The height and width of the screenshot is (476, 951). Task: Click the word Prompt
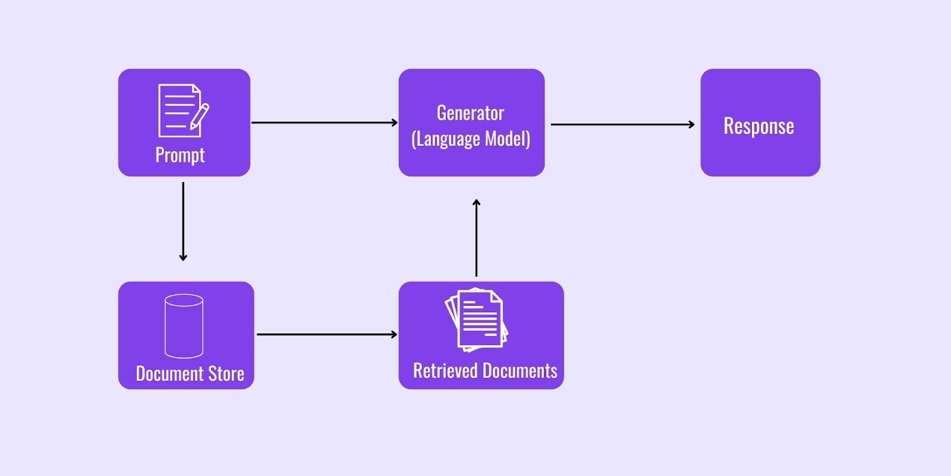coord(180,155)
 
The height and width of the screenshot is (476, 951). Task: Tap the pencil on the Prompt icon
coord(200,116)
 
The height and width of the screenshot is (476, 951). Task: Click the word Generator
coord(470,113)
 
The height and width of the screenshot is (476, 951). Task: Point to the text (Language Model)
coord(471,139)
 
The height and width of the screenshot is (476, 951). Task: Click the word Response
coord(758,126)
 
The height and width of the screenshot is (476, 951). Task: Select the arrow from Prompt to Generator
coord(325,123)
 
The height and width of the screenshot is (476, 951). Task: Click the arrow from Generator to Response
coord(623,124)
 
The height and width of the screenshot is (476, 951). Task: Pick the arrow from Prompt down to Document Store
coord(183,221)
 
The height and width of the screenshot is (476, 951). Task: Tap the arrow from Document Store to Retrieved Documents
coord(327,334)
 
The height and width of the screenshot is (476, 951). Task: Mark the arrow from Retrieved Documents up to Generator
coord(476,238)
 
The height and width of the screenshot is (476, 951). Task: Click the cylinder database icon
coord(184,326)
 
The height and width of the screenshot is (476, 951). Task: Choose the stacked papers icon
coord(476,320)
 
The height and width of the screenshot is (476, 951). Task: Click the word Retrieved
coord(446,371)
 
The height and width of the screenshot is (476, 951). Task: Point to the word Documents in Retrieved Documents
coord(520,371)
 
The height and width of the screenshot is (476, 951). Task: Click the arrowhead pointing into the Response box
coord(692,124)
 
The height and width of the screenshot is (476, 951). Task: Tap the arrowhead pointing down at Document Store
coord(183,258)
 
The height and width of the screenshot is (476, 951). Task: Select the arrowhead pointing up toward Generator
coord(476,202)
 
